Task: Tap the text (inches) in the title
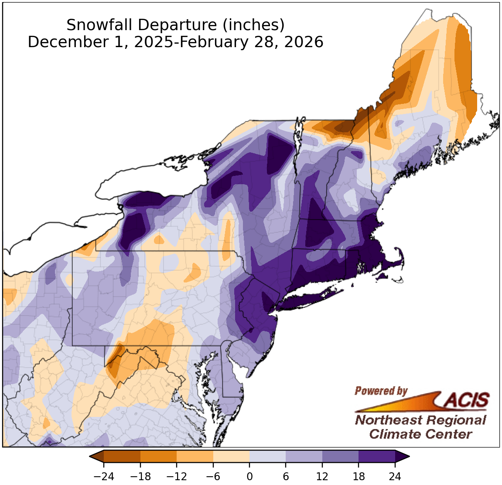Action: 253,25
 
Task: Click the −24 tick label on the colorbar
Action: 104,476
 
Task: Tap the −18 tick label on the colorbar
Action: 140,476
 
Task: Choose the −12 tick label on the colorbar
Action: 177,476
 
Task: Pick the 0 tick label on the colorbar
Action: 249,476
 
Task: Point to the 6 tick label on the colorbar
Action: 286,476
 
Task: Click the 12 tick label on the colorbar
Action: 322,476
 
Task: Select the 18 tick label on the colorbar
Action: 359,476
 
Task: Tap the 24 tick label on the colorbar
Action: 395,476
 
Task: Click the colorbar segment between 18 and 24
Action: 377,456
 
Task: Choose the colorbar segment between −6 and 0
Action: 231,456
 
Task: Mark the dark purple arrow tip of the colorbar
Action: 402,456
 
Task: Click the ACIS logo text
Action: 467,399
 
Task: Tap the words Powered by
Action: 381,391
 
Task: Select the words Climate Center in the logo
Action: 420,434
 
